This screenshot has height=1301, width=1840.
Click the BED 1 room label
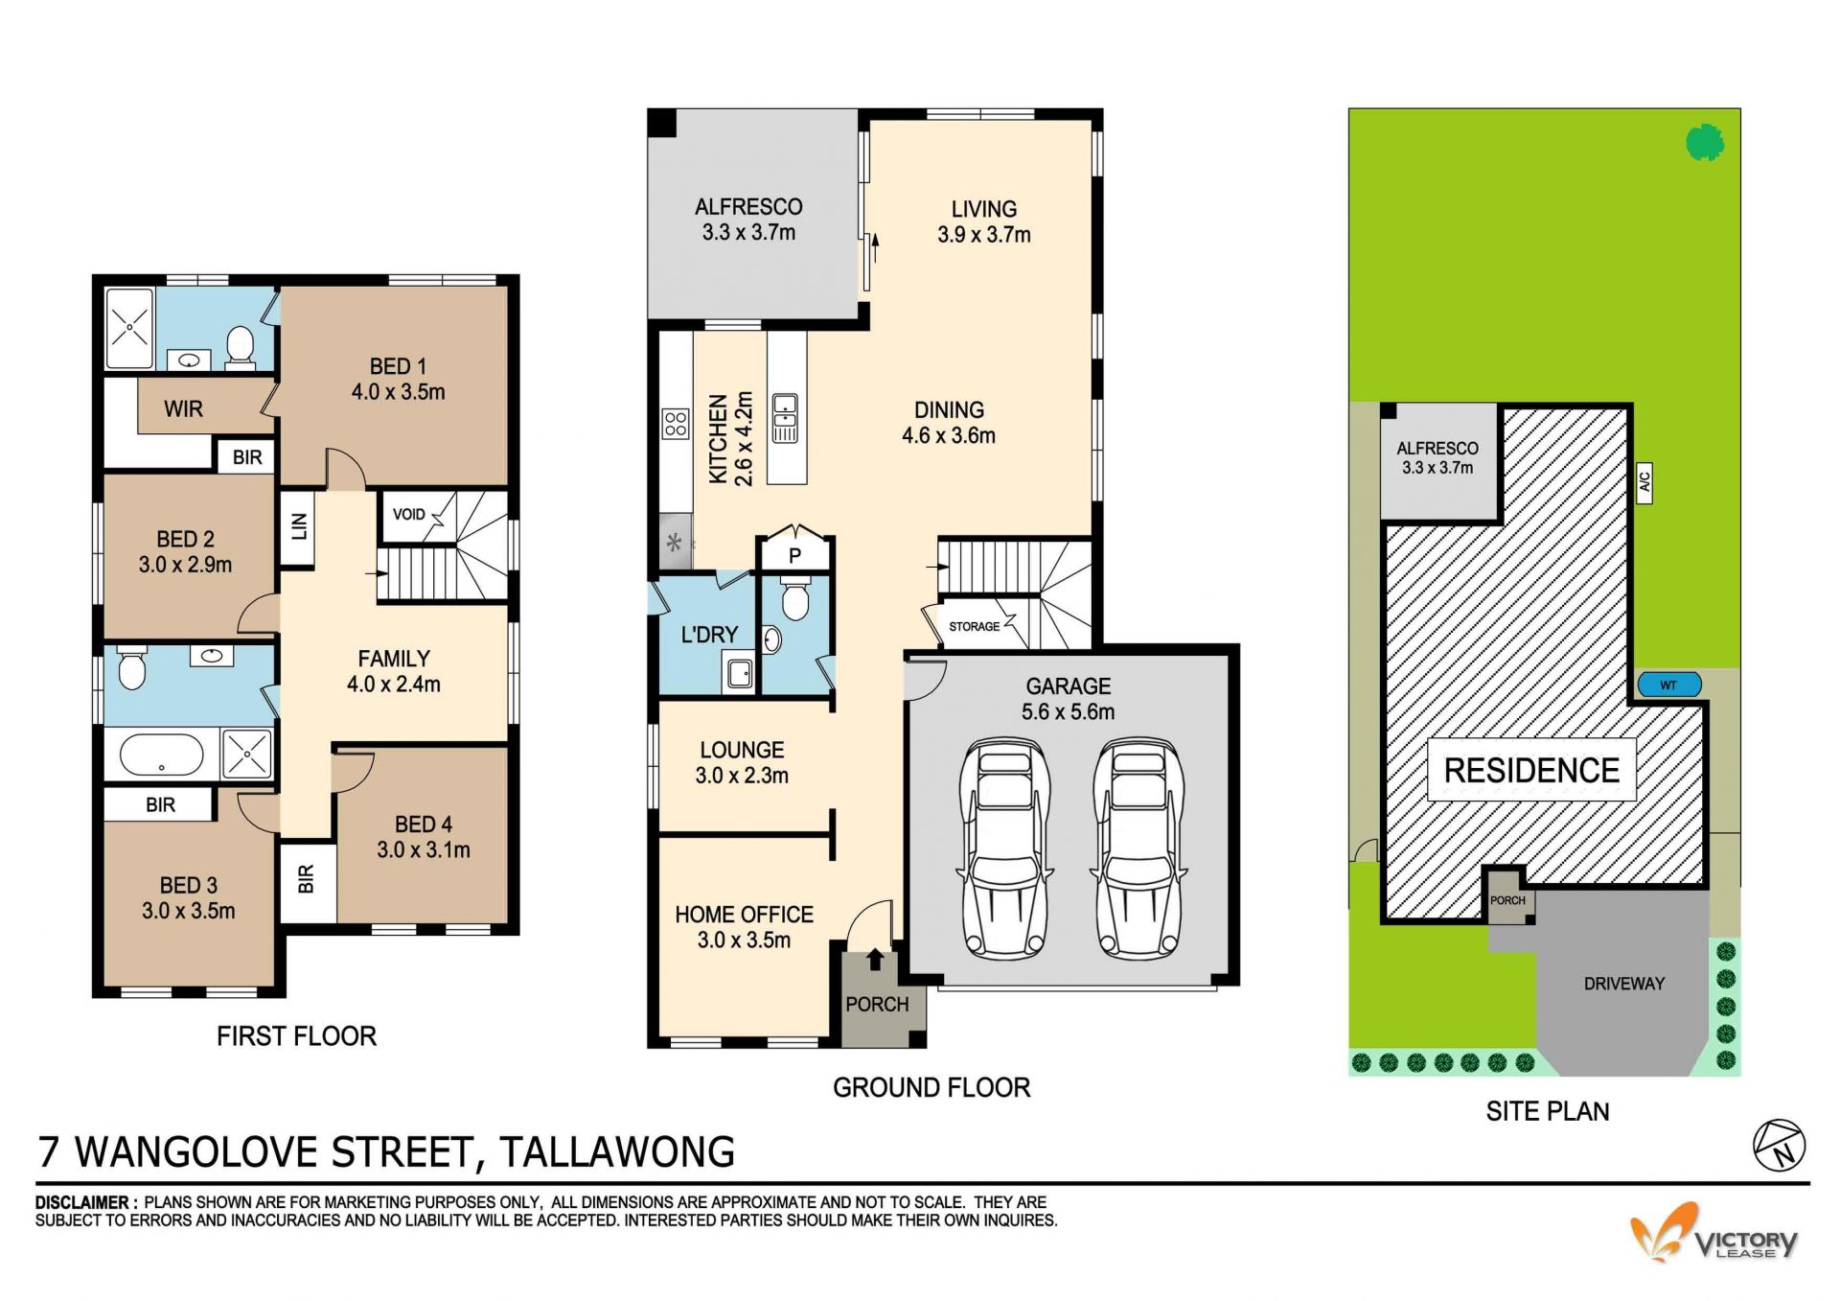pyautogui.click(x=398, y=379)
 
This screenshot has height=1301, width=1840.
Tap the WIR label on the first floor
pyautogui.click(x=183, y=409)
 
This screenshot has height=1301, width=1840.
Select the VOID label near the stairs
pyautogui.click(x=408, y=515)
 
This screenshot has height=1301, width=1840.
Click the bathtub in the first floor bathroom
pyautogui.click(x=161, y=755)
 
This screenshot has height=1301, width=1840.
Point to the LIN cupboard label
pyautogui.click(x=299, y=525)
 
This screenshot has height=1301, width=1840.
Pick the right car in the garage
pyautogui.click(x=1138, y=848)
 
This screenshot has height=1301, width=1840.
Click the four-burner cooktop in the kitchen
pyautogui.click(x=676, y=423)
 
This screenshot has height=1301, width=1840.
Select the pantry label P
pyautogui.click(x=794, y=555)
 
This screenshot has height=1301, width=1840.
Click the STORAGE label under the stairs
pyautogui.click(x=974, y=627)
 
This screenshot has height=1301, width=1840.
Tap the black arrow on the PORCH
pyautogui.click(x=875, y=959)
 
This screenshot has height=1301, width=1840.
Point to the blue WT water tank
pyautogui.click(x=1668, y=685)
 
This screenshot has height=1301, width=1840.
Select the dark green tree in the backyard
pyautogui.click(x=1705, y=143)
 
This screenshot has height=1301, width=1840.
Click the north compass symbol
pyautogui.click(x=1780, y=1146)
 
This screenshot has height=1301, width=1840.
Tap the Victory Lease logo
pyautogui.click(x=1713, y=1234)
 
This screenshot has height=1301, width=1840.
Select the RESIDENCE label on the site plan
pyautogui.click(x=1531, y=771)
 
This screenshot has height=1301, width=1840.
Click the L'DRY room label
pyautogui.click(x=709, y=635)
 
